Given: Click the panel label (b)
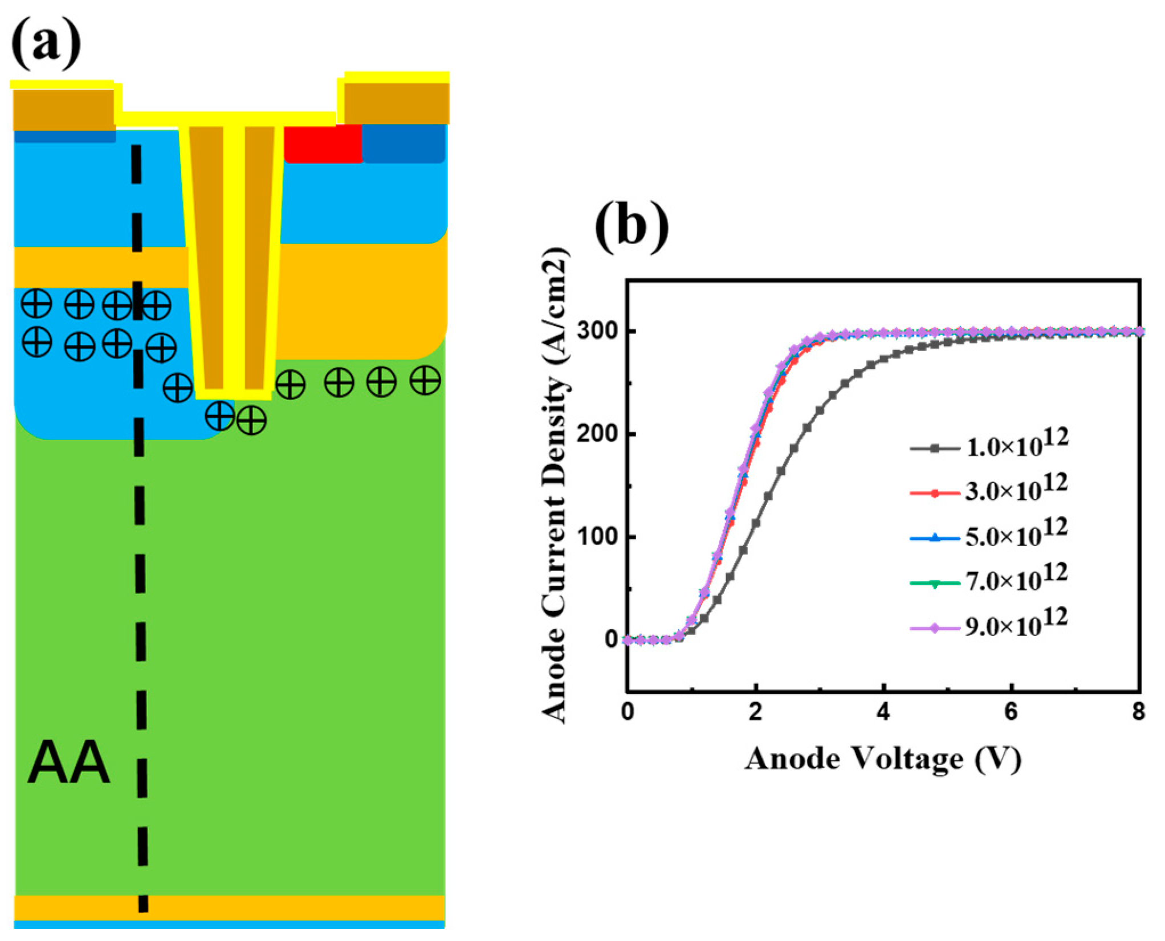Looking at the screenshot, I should pos(632,226).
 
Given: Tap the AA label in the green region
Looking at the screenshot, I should pos(68,764).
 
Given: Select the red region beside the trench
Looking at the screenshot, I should pos(323,144).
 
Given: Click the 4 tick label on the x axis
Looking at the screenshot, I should pos(883,712).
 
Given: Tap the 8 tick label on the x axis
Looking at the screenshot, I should pos(1138,712).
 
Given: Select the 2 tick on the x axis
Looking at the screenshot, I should pos(755,712).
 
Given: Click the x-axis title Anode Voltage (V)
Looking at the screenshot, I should pos(883,759).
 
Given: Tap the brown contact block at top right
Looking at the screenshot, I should pos(397,103).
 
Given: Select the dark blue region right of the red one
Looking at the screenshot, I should pos(404,144).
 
